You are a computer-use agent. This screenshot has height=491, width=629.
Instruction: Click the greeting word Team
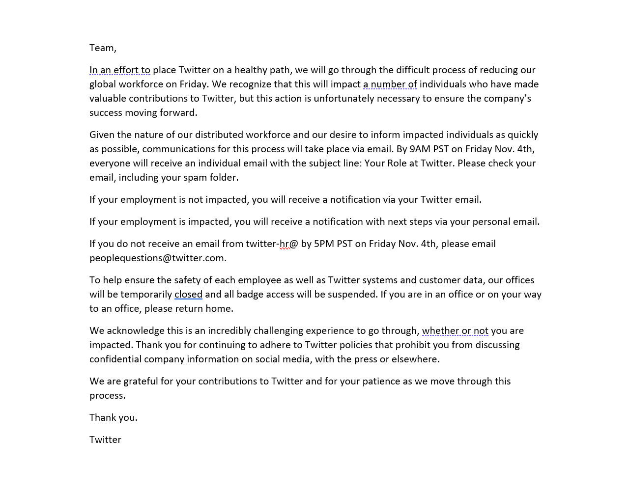pos(102,48)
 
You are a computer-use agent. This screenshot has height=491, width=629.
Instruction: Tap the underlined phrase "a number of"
pos(390,84)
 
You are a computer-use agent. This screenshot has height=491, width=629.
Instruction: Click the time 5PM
pos(324,244)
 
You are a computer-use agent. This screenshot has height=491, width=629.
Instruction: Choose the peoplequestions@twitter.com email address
pos(157,258)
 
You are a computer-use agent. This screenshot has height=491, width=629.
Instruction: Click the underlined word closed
pos(188,294)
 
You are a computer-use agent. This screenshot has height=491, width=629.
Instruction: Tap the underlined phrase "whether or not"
pos(455,330)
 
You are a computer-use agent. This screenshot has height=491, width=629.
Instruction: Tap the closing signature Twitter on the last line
pos(105,439)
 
